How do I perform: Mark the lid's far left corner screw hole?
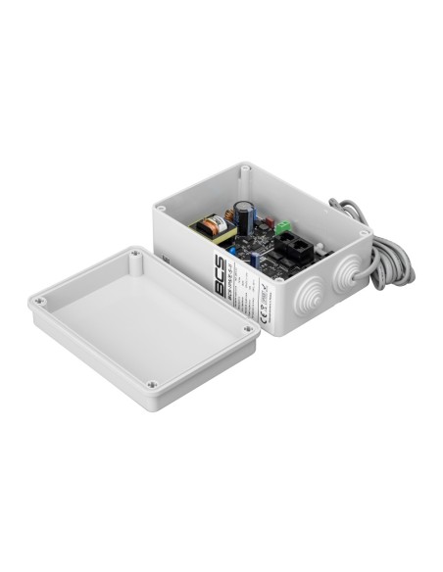[39, 303]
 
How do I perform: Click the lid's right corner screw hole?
[251, 330]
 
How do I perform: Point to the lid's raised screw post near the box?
[136, 255]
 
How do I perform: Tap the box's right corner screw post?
[365, 235]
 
